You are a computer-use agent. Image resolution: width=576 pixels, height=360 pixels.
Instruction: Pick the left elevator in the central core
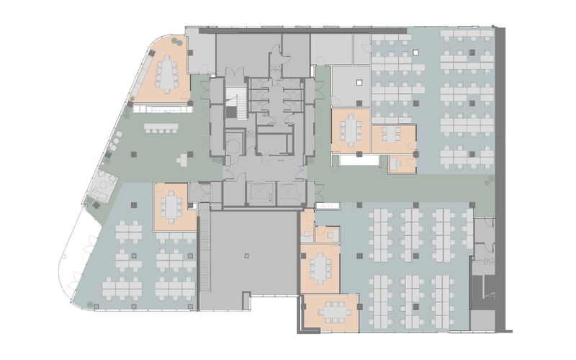click(258, 193)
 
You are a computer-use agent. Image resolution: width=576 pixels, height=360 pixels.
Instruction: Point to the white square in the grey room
click(357, 84)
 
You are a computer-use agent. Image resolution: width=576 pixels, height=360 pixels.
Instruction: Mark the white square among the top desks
click(415, 52)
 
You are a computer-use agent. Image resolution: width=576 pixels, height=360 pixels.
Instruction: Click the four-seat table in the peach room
click(392, 134)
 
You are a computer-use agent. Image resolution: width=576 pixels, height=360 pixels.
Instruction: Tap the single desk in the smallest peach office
click(397, 164)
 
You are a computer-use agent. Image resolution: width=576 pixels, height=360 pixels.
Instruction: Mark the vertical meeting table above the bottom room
click(319, 268)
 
